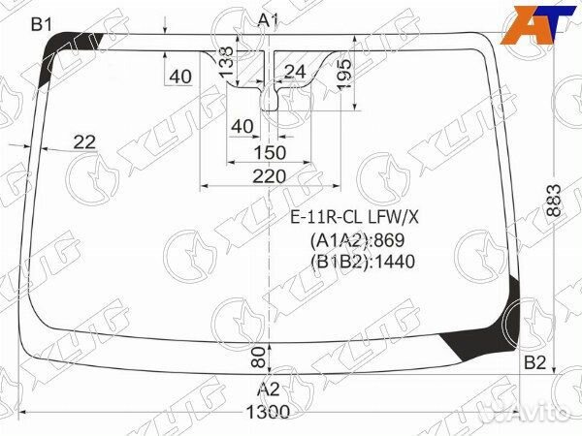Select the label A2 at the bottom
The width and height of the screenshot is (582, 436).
pyautogui.click(x=268, y=389)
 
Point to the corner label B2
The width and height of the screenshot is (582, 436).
pyautogui.click(x=535, y=363)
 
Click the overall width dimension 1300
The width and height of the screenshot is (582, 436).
pyautogui.click(x=268, y=413)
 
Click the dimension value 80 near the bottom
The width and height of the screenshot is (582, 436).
pyautogui.click(x=258, y=356)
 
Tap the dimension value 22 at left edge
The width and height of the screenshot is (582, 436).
pyautogui.click(x=84, y=142)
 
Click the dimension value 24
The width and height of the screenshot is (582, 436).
pyautogui.click(x=295, y=71)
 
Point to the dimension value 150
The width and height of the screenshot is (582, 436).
pyautogui.click(x=269, y=152)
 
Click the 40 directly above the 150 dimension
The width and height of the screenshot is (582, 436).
pyautogui.click(x=242, y=126)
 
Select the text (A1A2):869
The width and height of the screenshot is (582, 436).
pyautogui.click(x=356, y=239)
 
